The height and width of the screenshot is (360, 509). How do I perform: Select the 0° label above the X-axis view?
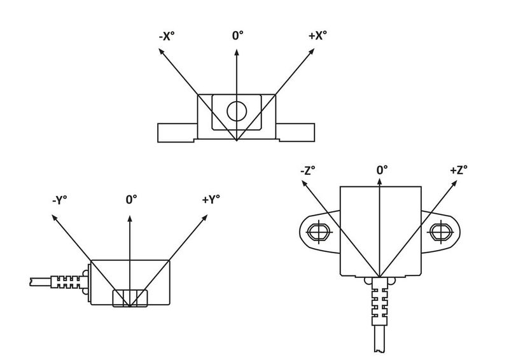click(x=237, y=36)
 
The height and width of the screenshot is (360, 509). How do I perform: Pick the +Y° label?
click(x=211, y=200)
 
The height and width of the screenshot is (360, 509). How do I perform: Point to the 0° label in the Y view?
click(x=132, y=200)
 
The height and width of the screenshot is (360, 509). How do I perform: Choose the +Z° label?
click(x=458, y=170)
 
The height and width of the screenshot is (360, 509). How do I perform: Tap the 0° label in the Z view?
click(x=382, y=170)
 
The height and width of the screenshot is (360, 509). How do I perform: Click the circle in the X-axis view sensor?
click(x=237, y=111)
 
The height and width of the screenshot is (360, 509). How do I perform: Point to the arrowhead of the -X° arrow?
click(x=160, y=52)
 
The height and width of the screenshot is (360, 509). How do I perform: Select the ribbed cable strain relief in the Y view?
click(x=68, y=280)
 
